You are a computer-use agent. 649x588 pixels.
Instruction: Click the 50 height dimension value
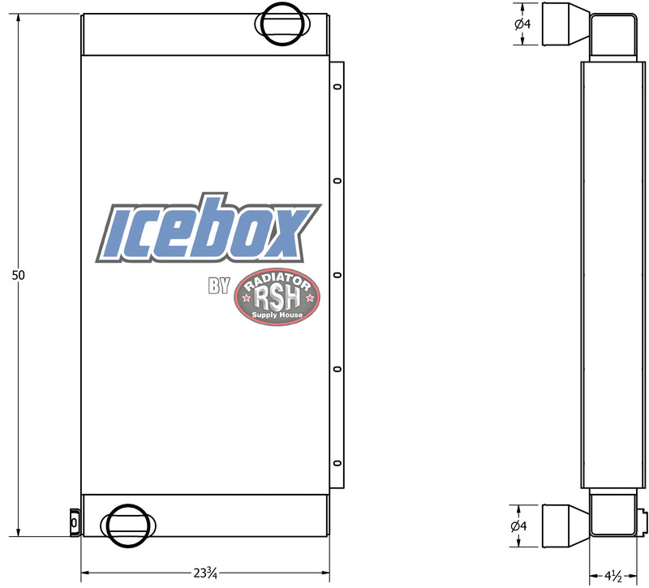pyautogui.click(x=18, y=275)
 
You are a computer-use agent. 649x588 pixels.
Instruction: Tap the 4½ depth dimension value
pyautogui.click(x=612, y=576)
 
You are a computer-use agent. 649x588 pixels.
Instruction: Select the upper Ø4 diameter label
pyautogui.click(x=522, y=24)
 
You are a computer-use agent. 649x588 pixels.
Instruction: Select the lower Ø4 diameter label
pyautogui.click(x=522, y=526)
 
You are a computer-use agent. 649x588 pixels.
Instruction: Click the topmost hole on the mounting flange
pyautogui.click(x=337, y=88)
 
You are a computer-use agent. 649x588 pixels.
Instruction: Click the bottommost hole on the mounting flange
pyautogui.click(x=337, y=463)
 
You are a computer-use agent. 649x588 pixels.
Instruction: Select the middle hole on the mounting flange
pyautogui.click(x=337, y=275)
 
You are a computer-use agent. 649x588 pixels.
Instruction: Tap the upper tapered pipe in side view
pyautogui.click(x=565, y=24)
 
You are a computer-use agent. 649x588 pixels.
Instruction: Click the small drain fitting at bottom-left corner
pyautogui.click(x=74, y=522)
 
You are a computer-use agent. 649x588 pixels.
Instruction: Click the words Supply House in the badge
pyautogui.click(x=277, y=315)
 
